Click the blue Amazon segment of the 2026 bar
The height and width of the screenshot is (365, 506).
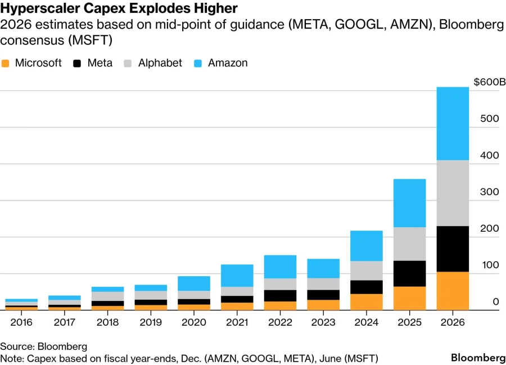(453, 124)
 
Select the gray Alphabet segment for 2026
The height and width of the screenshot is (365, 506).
(453, 193)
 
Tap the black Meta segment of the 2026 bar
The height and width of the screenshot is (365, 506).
(453, 249)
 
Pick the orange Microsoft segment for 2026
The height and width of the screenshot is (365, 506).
(453, 291)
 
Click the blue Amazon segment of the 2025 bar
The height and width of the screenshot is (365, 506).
(409, 203)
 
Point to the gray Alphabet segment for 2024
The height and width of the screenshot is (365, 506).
(366, 271)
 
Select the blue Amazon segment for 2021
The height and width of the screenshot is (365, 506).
(237, 276)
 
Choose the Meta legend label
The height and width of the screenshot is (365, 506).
(100, 63)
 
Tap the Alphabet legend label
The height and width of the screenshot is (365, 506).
(160, 63)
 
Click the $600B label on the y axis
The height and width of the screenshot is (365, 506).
(489, 82)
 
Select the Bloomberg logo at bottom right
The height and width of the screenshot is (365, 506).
(478, 358)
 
